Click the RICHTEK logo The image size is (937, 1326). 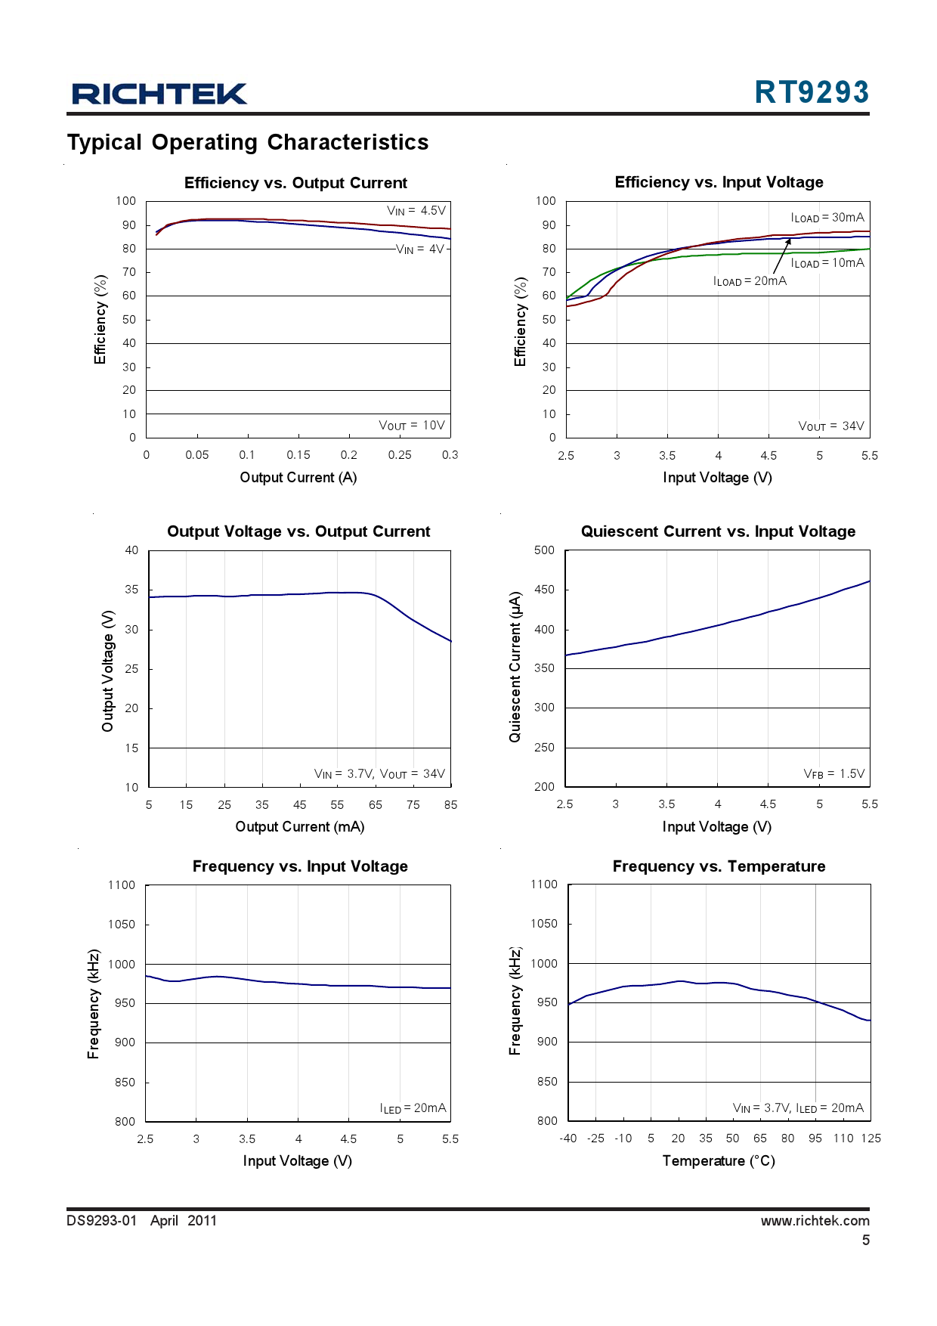[159, 94]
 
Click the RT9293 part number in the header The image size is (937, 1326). [812, 92]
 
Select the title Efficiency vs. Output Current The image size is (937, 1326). [295, 183]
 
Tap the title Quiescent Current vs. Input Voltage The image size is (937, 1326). [718, 531]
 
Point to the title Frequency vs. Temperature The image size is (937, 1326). [719, 866]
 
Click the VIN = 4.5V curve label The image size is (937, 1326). [416, 211]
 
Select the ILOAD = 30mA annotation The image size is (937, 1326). [827, 218]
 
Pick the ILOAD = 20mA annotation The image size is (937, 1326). [750, 281]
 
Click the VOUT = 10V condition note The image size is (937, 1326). [412, 426]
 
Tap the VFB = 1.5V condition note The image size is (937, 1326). [833, 774]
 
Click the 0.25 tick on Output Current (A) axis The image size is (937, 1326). [400, 455]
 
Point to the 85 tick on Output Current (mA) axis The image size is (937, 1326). [451, 805]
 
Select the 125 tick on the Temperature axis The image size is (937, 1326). [871, 1139]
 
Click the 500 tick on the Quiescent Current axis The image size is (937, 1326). [544, 550]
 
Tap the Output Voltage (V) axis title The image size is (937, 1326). [108, 671]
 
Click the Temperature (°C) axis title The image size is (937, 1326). [719, 1161]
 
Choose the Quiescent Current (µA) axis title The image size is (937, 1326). [515, 666]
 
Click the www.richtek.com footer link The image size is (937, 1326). [815, 1221]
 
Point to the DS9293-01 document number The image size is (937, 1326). [102, 1221]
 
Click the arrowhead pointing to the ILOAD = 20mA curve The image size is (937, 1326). [788, 242]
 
